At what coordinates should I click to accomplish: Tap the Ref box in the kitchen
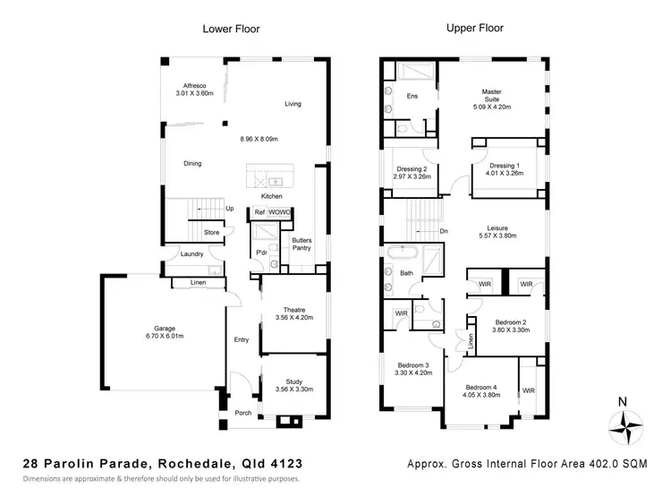tap(259, 212)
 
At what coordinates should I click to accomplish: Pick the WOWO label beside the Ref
tap(279, 212)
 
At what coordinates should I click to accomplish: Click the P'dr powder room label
tap(262, 253)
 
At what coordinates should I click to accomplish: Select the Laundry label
tap(191, 254)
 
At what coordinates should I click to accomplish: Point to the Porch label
tap(242, 413)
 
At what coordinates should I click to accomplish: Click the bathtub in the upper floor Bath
tap(398, 253)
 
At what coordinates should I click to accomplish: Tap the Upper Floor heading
tap(475, 29)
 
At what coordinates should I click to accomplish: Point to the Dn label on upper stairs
tap(445, 230)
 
